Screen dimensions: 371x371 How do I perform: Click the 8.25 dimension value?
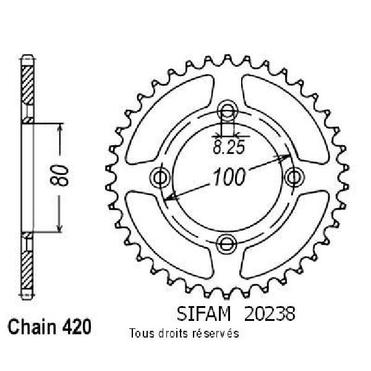228,148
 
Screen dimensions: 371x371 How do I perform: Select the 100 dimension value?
229,176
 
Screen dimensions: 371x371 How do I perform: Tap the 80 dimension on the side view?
59,176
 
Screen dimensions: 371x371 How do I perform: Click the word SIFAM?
203,313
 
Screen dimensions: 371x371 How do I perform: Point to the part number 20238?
270,313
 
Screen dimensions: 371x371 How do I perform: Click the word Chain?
32,326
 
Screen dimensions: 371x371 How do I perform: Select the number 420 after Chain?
77,326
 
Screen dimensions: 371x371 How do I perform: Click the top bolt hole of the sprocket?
228,109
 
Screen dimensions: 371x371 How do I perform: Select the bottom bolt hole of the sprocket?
227,244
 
